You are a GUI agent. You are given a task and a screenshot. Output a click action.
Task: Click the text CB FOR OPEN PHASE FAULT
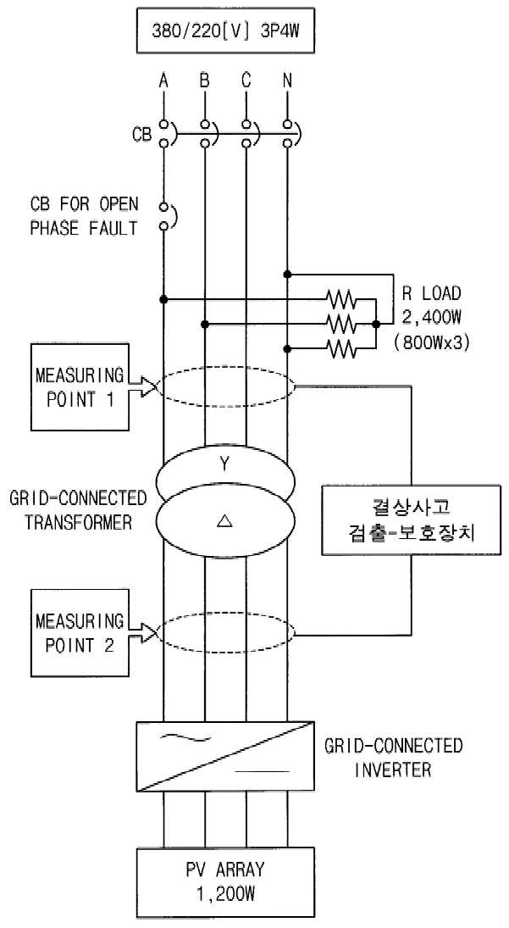(84, 216)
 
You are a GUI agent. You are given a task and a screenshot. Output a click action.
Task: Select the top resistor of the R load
(341, 299)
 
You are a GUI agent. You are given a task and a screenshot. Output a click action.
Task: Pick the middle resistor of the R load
(341, 325)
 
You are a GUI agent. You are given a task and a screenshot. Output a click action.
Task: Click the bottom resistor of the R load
(341, 349)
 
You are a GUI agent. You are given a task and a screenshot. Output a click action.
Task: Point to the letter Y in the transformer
(224, 465)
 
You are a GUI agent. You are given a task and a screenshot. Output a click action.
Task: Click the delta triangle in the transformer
(224, 520)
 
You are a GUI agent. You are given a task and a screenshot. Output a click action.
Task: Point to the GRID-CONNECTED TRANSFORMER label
(78, 510)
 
